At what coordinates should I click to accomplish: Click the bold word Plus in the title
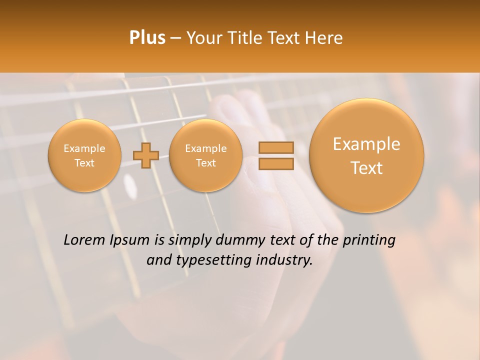click(147, 38)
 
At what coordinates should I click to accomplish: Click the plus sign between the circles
click(146, 156)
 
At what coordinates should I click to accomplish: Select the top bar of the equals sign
click(275, 147)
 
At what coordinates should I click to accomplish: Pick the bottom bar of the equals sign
click(275, 164)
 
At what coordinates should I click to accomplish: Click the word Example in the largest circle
click(366, 144)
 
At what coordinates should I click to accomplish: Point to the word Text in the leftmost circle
click(84, 163)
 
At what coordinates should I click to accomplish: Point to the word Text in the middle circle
click(205, 163)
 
